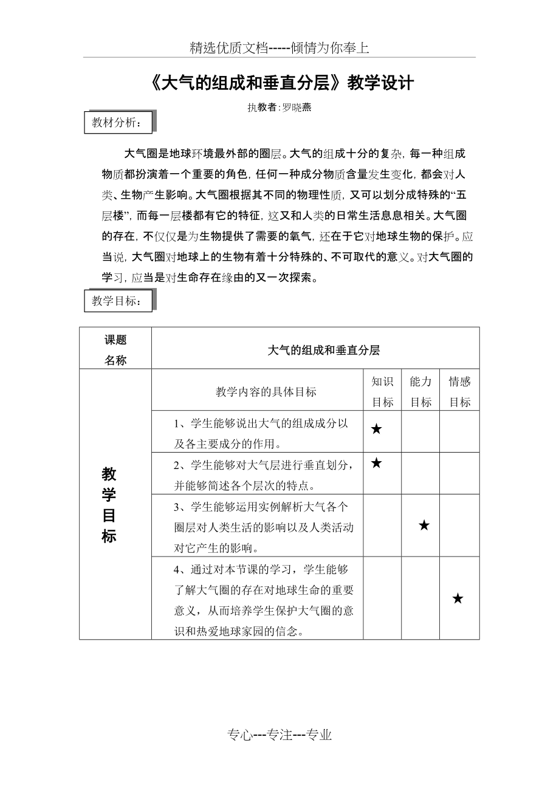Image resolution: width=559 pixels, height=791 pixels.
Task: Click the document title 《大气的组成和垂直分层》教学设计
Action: pyautogui.click(x=279, y=83)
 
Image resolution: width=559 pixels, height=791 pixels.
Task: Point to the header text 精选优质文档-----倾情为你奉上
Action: pyautogui.click(x=279, y=49)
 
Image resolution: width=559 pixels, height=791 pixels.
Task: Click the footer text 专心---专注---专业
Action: pyautogui.click(x=279, y=735)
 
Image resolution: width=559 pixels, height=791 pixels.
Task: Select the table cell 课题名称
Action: pyautogui.click(x=115, y=350)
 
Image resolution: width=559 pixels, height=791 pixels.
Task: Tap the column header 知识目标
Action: pyautogui.click(x=382, y=392)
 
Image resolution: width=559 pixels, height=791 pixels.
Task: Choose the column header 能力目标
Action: pyautogui.click(x=420, y=392)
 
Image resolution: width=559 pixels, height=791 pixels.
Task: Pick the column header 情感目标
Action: pyautogui.click(x=459, y=392)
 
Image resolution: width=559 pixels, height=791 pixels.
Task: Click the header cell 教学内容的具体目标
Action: pyautogui.click(x=266, y=392)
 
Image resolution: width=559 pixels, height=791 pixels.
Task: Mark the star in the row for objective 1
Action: pyautogui.click(x=376, y=430)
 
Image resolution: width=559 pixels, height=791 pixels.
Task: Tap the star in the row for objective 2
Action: pyautogui.click(x=376, y=464)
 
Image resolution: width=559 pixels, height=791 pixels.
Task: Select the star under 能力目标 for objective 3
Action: pyautogui.click(x=424, y=526)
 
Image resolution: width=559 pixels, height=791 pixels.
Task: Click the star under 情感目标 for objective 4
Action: pyautogui.click(x=458, y=599)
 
